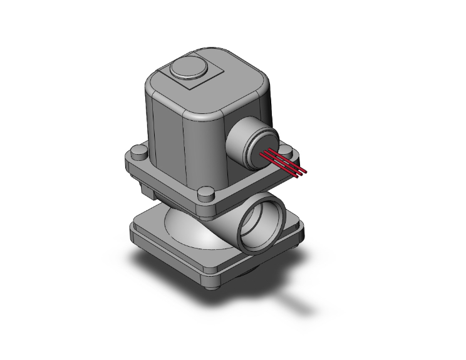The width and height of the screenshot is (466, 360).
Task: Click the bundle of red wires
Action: coord(284,161)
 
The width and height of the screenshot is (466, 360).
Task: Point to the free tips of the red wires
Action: coord(304,171)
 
